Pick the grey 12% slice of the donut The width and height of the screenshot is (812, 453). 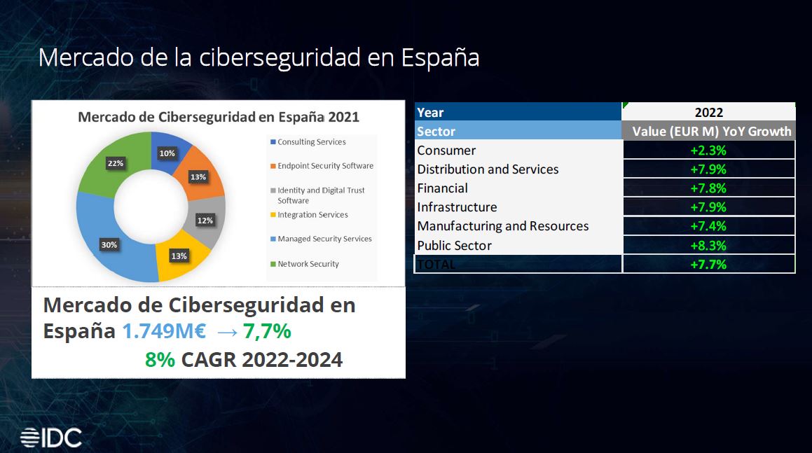point(206,219)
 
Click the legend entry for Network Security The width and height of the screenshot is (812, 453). point(308,264)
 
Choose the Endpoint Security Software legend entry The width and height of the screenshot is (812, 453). point(325,166)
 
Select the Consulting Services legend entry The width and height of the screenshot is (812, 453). point(311,142)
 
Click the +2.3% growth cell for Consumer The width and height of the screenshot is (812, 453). point(708,151)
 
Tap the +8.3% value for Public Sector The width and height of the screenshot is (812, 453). point(708,246)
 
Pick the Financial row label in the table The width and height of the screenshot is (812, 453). point(443,188)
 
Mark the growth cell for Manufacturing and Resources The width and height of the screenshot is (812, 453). point(708,226)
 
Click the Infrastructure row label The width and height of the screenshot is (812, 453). point(457,207)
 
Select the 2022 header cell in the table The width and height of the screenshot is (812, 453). point(708,112)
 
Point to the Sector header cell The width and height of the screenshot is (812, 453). point(436,132)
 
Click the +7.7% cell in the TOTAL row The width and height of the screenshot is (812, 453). point(708,265)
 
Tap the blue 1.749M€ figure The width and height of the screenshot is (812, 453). point(164,330)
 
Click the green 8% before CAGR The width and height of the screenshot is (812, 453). point(160,360)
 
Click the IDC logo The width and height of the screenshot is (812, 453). point(51,438)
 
